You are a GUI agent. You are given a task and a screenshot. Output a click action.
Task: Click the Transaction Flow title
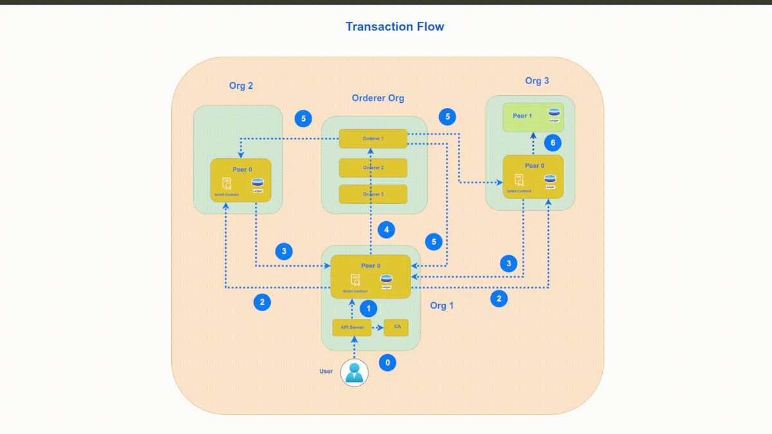click(394, 26)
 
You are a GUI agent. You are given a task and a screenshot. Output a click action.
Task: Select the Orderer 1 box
click(373, 139)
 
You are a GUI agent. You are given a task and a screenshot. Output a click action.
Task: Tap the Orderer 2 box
click(373, 168)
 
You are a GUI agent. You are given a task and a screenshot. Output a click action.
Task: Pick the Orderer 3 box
click(373, 194)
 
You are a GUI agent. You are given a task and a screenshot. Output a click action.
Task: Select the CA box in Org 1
click(396, 327)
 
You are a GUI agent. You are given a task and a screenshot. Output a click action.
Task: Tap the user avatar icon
click(354, 372)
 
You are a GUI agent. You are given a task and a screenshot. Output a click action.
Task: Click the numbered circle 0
click(387, 363)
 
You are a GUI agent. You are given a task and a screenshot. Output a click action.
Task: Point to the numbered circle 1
click(368, 309)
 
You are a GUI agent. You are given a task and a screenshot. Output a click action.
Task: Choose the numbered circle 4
click(386, 230)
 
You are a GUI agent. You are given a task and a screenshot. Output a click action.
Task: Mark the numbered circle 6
click(553, 143)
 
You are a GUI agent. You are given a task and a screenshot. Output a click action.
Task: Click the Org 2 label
click(241, 86)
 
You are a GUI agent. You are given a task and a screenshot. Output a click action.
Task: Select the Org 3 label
click(537, 80)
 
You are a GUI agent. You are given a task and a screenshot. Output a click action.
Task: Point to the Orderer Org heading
click(378, 98)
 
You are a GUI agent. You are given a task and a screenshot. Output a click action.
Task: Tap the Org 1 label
click(441, 305)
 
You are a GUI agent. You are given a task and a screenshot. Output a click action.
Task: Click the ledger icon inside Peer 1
click(554, 113)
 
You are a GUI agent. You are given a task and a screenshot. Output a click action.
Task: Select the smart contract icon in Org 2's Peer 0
click(226, 183)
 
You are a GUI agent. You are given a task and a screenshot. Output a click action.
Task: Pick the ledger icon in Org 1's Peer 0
click(386, 280)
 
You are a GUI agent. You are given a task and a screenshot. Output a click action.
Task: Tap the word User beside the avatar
click(326, 371)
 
